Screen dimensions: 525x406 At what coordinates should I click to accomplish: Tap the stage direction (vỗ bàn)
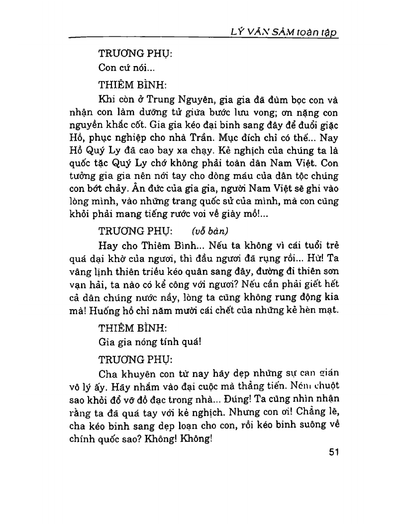pos(205,231)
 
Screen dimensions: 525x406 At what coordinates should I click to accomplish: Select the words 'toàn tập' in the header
pos(316,32)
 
